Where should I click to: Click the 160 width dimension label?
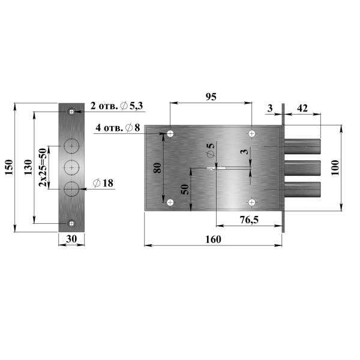[213, 239]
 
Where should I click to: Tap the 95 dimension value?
[211, 97]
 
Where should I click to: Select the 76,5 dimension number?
[249, 220]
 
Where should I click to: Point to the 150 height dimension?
[9, 167]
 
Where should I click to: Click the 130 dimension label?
[28, 167]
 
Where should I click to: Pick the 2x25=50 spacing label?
[43, 167]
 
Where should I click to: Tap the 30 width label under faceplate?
[71, 239]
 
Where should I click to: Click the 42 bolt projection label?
[302, 108]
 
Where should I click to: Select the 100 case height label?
[335, 168]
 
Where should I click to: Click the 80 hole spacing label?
[158, 168]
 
